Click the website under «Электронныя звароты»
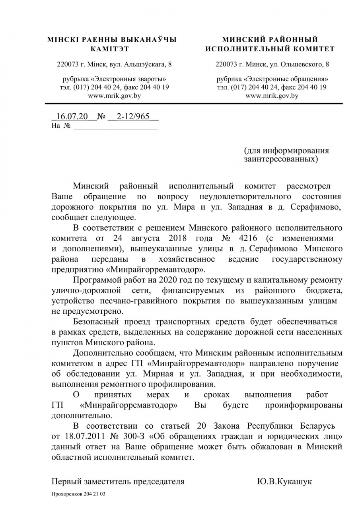coord(114,95)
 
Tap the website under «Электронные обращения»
coord(272,95)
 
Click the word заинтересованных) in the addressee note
coord(281,159)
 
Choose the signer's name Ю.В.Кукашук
coord(284,482)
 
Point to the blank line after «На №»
coord(116,126)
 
